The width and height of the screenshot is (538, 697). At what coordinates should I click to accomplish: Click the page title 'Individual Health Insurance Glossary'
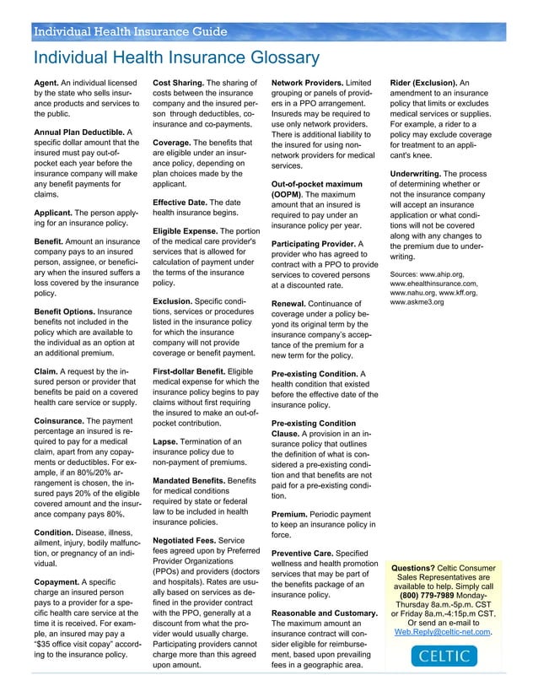(175, 57)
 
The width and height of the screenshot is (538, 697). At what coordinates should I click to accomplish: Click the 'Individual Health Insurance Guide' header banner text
(130, 33)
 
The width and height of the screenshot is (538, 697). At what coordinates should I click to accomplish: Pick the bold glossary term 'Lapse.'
(168, 441)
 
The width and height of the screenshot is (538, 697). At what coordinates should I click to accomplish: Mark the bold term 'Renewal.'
(293, 304)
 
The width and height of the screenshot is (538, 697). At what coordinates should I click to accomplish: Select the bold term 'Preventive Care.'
(305, 554)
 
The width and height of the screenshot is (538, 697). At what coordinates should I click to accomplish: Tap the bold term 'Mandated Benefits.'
(190, 481)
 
